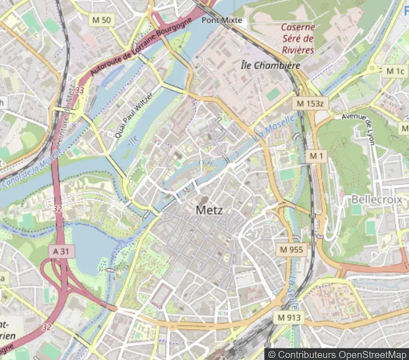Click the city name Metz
tap(210, 210)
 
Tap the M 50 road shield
tap(102, 20)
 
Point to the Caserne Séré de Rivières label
tap(297, 38)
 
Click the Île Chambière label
tap(270, 65)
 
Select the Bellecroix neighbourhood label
tap(376, 199)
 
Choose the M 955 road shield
tap(291, 249)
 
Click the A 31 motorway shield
tap(60, 251)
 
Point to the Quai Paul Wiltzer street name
tap(135, 115)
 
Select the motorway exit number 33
tap(80, 90)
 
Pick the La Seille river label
tap(294, 288)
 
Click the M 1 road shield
tap(316, 156)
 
